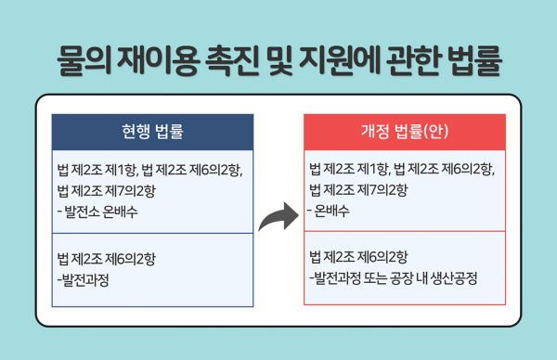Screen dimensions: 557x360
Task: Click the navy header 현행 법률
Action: tap(152, 131)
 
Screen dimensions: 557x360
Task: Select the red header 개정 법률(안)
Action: tap(405, 131)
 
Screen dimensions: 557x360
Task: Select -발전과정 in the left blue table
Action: tap(83, 277)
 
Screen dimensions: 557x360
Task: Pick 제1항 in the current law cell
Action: tap(118, 170)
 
